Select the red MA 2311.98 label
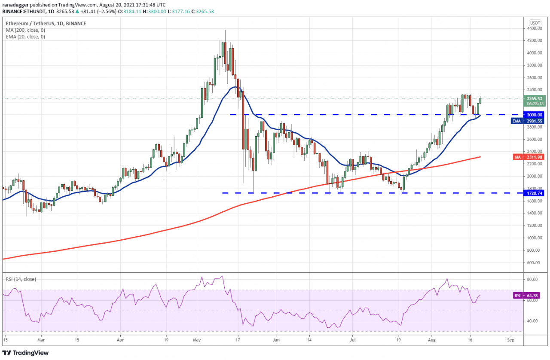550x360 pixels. [x=531, y=157]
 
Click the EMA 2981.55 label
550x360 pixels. [x=531, y=121]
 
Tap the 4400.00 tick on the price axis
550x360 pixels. [x=535, y=28]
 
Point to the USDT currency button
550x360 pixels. [x=535, y=23]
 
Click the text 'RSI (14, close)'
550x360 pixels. [x=21, y=279]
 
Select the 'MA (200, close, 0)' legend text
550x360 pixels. [x=25, y=30]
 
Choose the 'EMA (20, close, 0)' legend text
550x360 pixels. [x=25, y=37]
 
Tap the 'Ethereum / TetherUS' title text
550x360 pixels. [x=29, y=23]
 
